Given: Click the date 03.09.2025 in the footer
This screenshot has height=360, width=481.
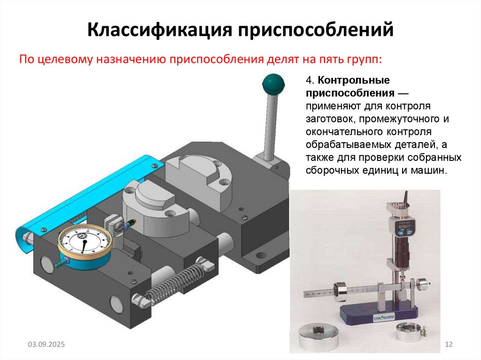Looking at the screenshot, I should tap(46, 345).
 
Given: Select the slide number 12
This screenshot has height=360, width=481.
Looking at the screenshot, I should tap(448, 345).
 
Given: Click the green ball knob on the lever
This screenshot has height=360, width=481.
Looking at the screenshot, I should tap(273, 84).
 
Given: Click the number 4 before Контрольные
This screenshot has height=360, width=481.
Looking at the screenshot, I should tap(309, 81).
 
